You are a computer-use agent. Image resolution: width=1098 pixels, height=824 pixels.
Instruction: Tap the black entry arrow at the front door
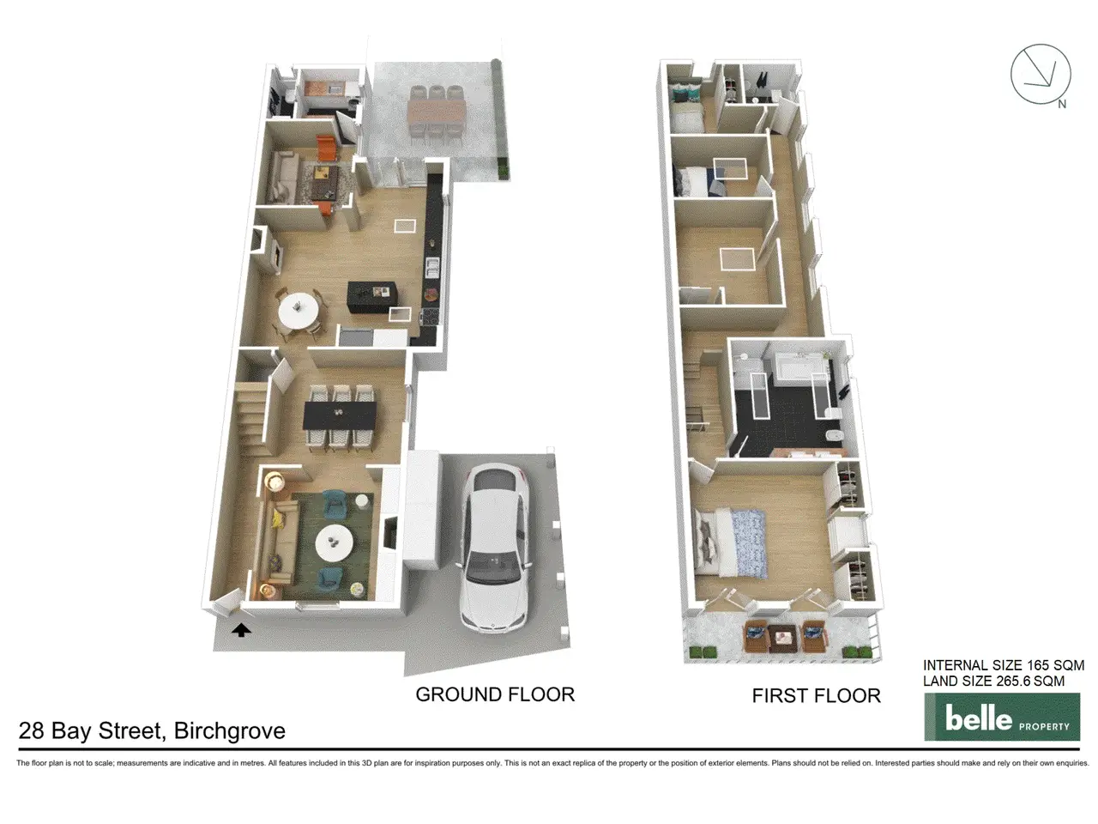click(x=241, y=630)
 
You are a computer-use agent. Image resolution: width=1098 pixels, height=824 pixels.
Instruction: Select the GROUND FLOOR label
click(x=495, y=694)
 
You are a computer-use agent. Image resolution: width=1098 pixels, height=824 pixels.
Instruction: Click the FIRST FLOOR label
click(x=816, y=695)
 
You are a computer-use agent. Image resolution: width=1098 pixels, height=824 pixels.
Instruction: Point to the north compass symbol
click(x=1041, y=75)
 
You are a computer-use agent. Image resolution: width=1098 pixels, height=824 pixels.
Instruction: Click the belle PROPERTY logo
click(x=1001, y=717)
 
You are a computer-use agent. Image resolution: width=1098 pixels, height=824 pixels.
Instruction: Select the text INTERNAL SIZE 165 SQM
click(x=1004, y=665)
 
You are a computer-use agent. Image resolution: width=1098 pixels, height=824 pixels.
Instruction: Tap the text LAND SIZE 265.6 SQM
click(x=993, y=681)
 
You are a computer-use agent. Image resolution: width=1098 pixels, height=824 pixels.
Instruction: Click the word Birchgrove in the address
click(x=230, y=731)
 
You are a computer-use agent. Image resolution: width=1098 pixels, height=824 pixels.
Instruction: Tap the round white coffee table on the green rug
click(x=335, y=542)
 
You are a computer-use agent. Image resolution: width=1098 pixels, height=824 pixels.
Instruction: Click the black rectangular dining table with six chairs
click(x=340, y=415)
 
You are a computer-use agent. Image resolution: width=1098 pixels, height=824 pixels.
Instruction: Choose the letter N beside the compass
click(x=1062, y=104)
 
